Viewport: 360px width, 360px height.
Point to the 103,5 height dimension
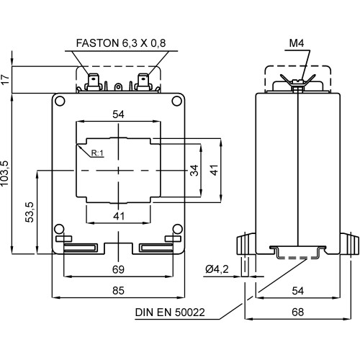6,173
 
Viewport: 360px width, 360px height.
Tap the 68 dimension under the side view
297,312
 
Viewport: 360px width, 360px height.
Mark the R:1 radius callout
98,153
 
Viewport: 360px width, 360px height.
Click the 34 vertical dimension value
194,170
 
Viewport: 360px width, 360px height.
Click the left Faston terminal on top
94,81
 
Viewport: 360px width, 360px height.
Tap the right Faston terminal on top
144,81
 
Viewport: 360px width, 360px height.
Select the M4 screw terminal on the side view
297,81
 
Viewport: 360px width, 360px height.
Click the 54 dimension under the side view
297,290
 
